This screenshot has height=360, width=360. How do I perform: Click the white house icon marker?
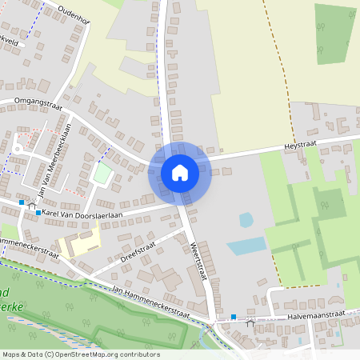click(180, 172)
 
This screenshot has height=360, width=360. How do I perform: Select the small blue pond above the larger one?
click(246, 219)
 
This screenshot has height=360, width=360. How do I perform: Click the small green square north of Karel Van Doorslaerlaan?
click(102, 172)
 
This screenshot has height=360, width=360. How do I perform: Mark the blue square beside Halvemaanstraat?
click(234, 318)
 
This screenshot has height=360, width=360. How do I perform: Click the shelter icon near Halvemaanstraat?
click(250, 322)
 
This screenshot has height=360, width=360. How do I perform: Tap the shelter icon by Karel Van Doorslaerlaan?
click(32, 206)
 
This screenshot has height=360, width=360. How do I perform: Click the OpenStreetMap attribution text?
click(81, 354)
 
